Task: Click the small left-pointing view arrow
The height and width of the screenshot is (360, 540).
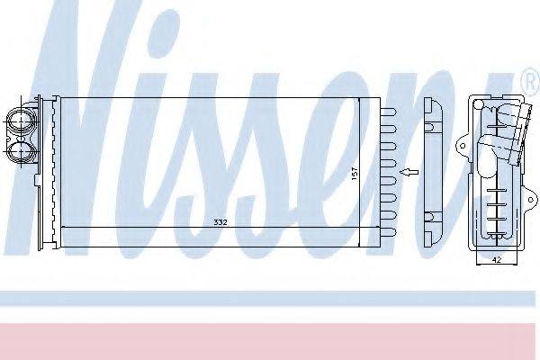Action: point(409,170)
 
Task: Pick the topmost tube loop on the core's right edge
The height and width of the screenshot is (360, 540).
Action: point(390,113)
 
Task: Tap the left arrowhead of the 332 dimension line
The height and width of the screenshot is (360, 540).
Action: point(62,227)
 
